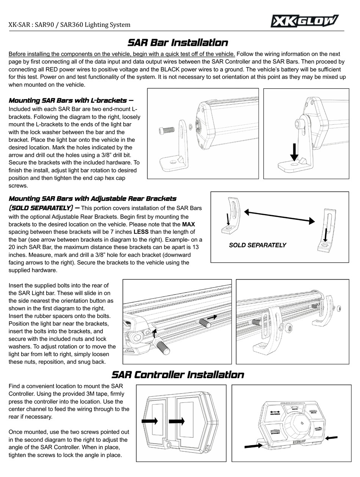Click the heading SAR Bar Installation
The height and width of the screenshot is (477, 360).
click(177, 42)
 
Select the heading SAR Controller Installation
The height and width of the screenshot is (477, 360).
click(177, 375)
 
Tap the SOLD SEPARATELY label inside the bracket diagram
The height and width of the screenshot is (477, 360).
click(257, 245)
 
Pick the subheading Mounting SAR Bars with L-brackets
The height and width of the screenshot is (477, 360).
click(70, 100)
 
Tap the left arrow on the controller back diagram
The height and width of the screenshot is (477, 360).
click(150, 421)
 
